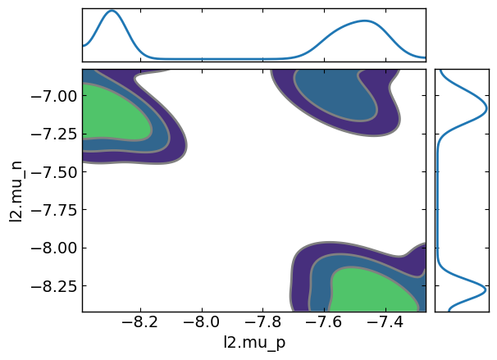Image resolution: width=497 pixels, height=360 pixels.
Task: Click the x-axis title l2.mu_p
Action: pos(253,344)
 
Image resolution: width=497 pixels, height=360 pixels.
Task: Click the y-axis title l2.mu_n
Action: pos(16,190)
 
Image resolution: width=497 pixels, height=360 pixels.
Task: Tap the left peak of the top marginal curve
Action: pos(112,11)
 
